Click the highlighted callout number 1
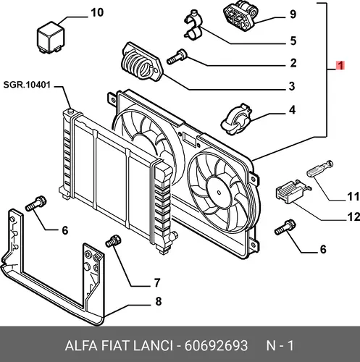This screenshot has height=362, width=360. coord(340,65)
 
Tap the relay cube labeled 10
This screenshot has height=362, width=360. coord(51,37)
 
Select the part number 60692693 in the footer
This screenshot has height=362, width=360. coord(216,345)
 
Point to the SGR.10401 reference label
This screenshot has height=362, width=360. coord(27,85)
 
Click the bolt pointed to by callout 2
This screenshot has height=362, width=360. coord(177,56)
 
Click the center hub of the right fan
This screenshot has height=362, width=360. coord(219,192)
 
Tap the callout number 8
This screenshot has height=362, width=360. coord(159,301)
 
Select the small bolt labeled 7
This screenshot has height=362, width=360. coord(114,240)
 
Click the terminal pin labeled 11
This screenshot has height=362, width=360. coord(320,169)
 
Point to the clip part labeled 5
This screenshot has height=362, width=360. coord(193,26)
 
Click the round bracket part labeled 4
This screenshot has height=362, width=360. coord(236,119)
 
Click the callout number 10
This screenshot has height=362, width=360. coord(97,12)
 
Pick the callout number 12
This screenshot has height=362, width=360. coord(353,217)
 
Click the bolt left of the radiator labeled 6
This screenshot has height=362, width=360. coord(35,203)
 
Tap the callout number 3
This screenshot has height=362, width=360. coord(292,86)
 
